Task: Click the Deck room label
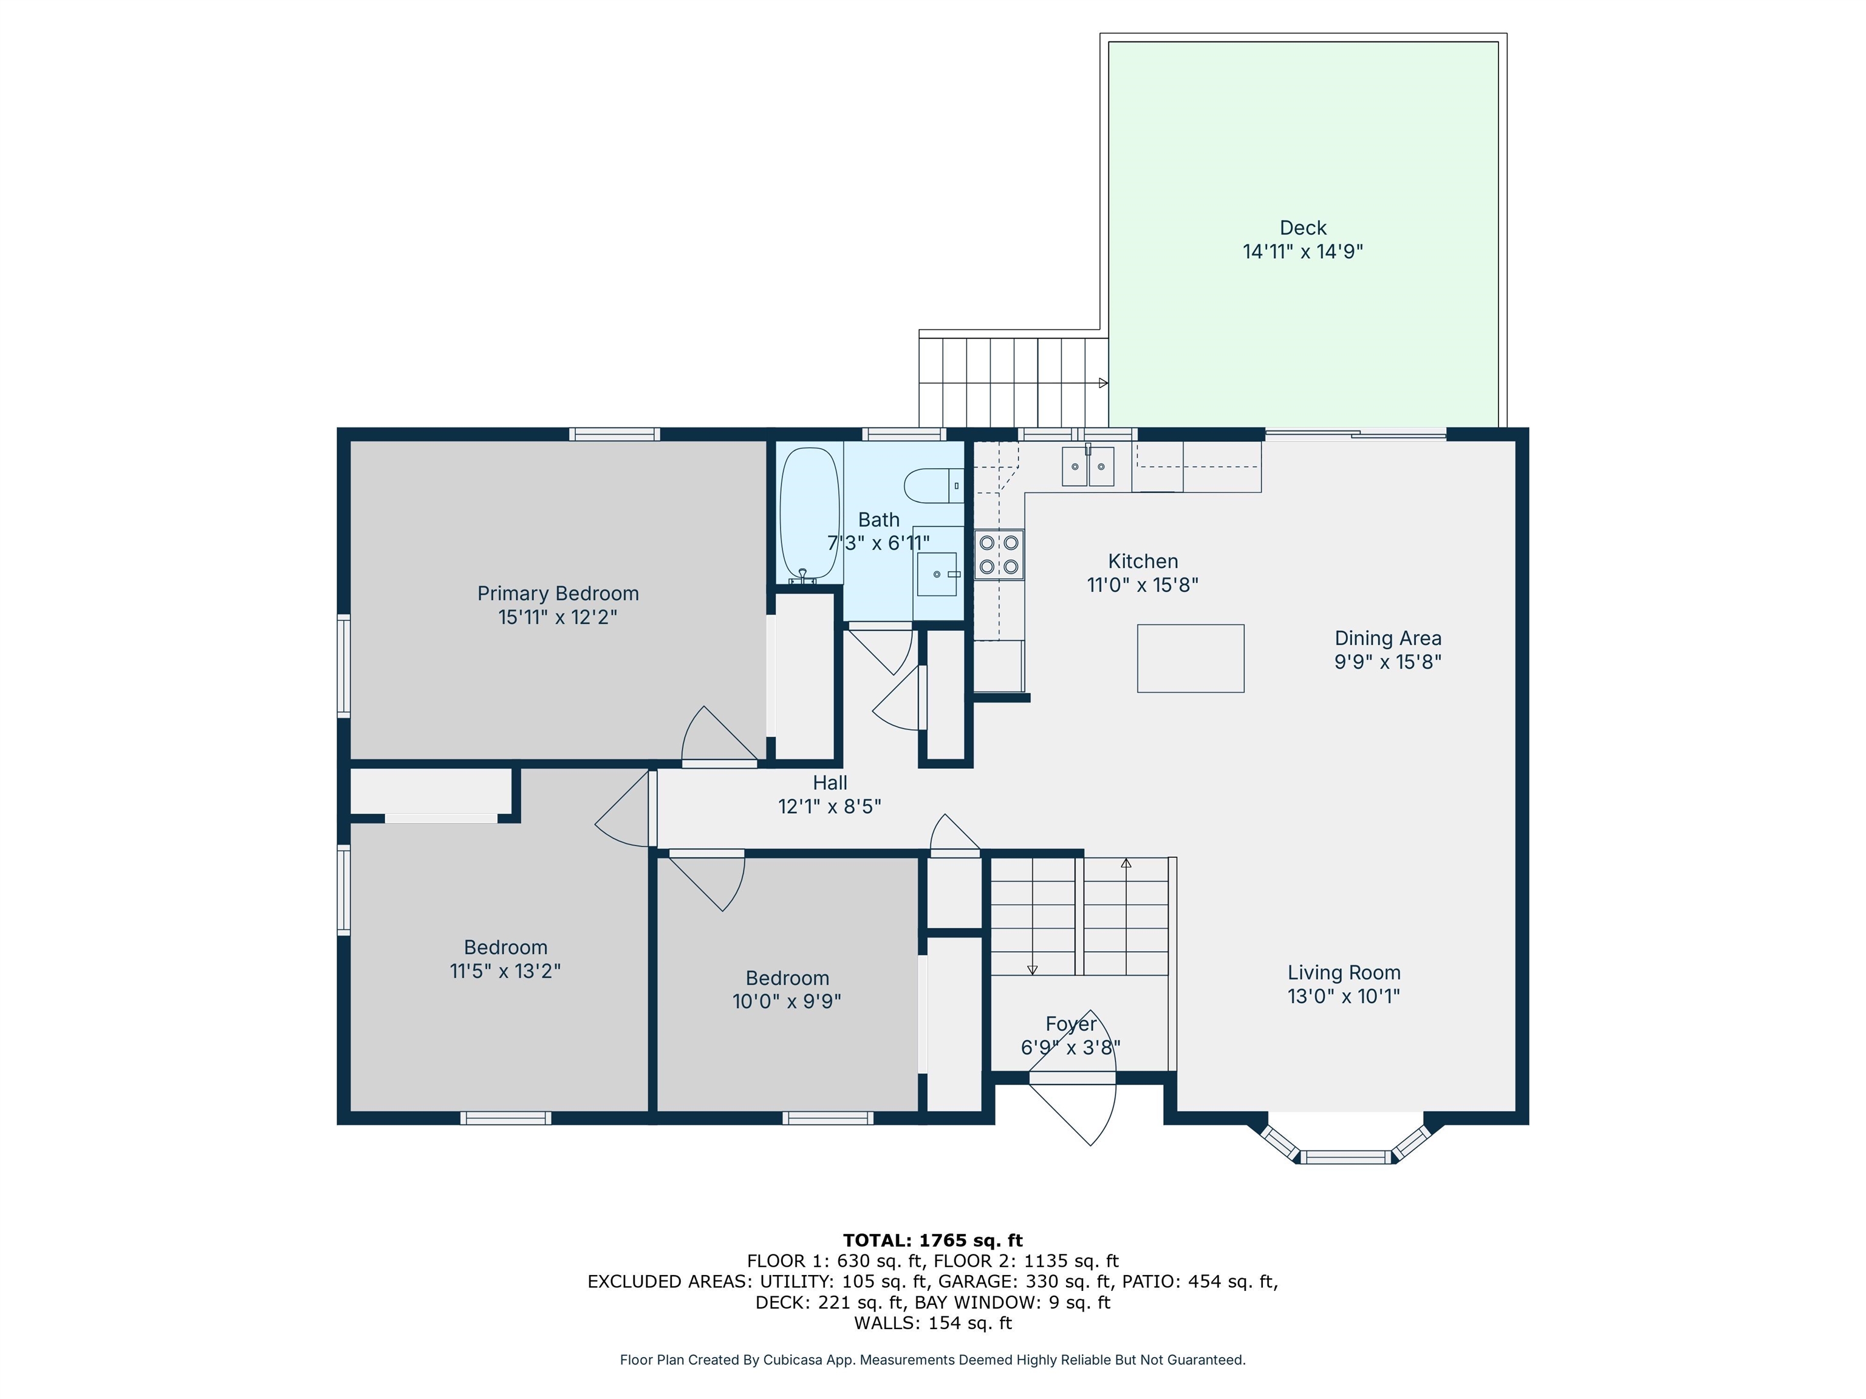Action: (1302, 228)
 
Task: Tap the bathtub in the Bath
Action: (809, 512)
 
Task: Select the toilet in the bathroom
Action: (932, 486)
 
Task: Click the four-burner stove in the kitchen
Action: (999, 554)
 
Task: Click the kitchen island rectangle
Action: (1191, 659)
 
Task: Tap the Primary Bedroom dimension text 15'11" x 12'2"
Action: (558, 618)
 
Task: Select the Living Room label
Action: (1343, 972)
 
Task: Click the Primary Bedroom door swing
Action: (713, 738)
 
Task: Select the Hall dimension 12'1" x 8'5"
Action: (829, 806)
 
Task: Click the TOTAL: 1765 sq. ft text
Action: (932, 1241)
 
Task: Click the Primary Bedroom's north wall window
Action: (614, 434)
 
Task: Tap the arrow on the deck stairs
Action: (1102, 383)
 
